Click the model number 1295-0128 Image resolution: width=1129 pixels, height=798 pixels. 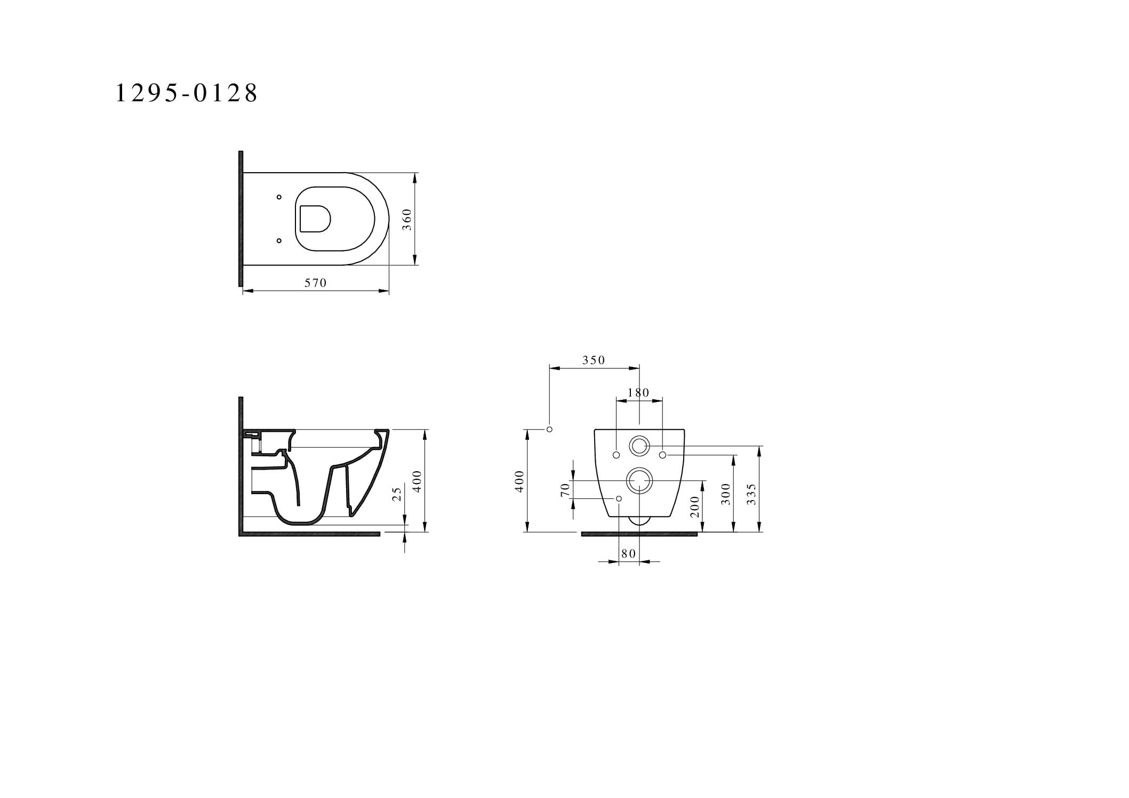click(187, 93)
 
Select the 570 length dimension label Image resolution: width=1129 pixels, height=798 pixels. click(315, 283)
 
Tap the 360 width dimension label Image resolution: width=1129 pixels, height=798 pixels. click(407, 219)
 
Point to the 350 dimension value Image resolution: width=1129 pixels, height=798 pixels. click(594, 360)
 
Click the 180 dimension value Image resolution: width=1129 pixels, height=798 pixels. click(638, 393)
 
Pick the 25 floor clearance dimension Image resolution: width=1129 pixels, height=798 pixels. click(397, 494)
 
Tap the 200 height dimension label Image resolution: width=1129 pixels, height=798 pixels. click(694, 506)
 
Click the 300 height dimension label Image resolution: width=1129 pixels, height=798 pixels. click(725, 495)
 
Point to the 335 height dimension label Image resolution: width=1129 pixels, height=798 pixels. click(752, 495)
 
